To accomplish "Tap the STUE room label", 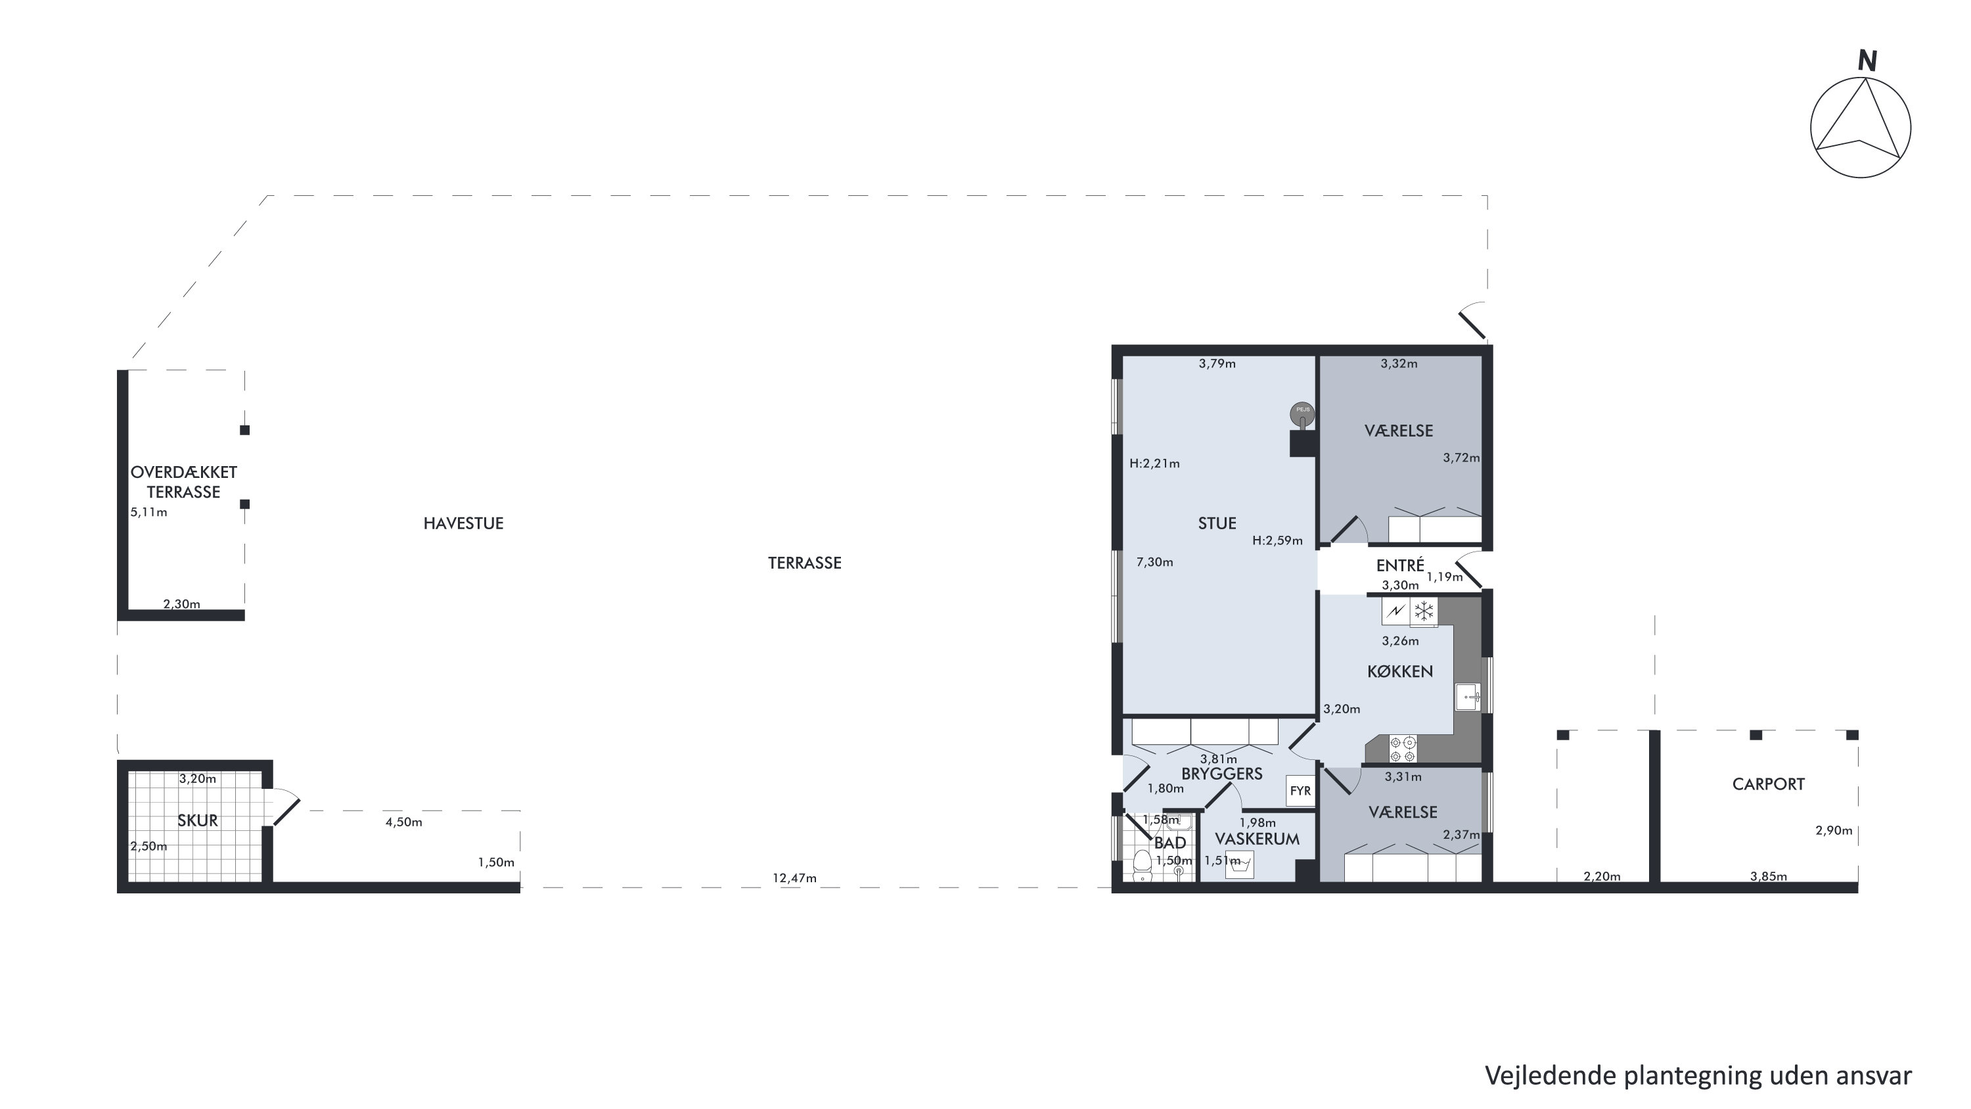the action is (x=1217, y=523).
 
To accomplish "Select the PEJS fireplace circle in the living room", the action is (x=1302, y=414).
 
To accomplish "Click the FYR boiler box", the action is (x=1300, y=791).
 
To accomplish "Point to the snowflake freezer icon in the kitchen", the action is (x=1424, y=611).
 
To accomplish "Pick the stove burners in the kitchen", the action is (x=1403, y=749).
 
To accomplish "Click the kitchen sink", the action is (x=1468, y=696).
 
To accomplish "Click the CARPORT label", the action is (x=1768, y=784).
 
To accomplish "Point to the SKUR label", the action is (x=197, y=820).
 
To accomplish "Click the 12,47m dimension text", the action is (x=794, y=878).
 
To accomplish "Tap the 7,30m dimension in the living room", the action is (x=1154, y=562).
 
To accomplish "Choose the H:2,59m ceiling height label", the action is (x=1277, y=540).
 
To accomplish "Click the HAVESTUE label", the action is (x=463, y=523).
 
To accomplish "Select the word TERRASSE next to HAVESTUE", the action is (x=804, y=563).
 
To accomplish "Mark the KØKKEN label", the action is (x=1400, y=671).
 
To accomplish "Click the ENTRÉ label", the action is (x=1400, y=565).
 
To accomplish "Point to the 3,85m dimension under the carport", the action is (x=1768, y=876).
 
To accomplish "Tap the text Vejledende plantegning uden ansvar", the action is (x=1698, y=1076).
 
